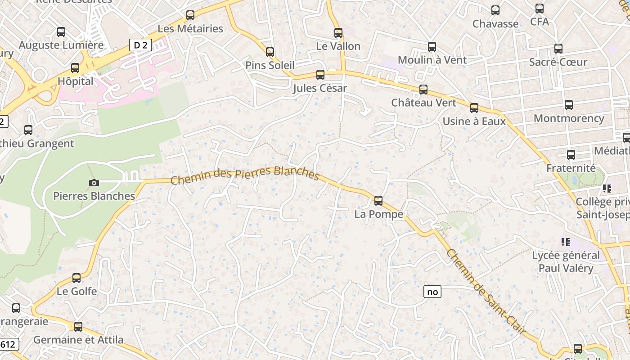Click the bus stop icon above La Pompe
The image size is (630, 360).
(x=378, y=200)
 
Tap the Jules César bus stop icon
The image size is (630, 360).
(x=320, y=74)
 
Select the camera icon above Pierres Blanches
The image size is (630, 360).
(x=94, y=183)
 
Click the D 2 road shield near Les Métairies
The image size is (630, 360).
(x=140, y=45)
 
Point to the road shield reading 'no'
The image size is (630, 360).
(x=432, y=292)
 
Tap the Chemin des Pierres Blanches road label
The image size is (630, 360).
(x=245, y=174)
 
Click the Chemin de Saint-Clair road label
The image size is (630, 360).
(x=486, y=292)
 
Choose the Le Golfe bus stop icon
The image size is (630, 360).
(x=76, y=278)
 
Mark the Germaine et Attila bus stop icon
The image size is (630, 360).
(x=78, y=326)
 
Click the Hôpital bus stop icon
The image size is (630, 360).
(x=75, y=68)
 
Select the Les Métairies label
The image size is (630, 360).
(x=190, y=29)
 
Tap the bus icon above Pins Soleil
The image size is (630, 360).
(x=270, y=52)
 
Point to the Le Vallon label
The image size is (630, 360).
(x=338, y=46)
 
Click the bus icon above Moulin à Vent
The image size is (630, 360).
(x=432, y=46)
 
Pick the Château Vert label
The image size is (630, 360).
(x=423, y=103)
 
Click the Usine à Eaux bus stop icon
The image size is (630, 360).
(x=474, y=108)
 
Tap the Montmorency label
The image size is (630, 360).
(x=569, y=118)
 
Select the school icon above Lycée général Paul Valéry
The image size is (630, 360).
(x=566, y=242)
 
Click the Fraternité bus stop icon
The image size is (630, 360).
(x=571, y=154)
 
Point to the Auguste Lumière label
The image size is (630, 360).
(x=61, y=45)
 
